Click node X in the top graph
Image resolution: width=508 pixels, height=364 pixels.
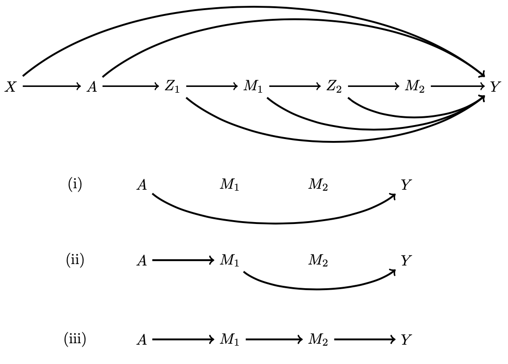point(11,87)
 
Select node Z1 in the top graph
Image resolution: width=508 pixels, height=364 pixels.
point(172,87)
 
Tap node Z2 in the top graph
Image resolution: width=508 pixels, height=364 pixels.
point(334,87)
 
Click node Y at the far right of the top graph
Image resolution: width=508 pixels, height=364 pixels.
point(495,87)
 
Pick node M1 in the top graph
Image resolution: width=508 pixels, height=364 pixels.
point(253,87)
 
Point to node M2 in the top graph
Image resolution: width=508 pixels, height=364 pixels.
point(414,87)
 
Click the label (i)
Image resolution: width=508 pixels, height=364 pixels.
point(75,185)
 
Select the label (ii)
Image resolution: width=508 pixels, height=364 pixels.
point(75,261)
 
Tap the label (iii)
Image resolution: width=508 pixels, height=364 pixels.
point(75,340)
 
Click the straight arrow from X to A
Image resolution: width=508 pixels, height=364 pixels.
point(51,86)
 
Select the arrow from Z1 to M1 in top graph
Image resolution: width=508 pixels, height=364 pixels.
point(212,86)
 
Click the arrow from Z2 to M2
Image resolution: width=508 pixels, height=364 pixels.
point(374,86)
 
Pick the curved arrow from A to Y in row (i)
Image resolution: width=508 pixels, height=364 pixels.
point(275,224)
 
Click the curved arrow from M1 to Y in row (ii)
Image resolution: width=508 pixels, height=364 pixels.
point(318,289)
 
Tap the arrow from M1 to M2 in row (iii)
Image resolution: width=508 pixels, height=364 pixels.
point(274,340)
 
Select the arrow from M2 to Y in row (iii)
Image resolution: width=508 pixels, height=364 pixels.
point(364,340)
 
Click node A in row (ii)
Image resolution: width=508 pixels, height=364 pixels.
point(142,261)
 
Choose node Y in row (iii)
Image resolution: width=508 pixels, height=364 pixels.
point(406,340)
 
